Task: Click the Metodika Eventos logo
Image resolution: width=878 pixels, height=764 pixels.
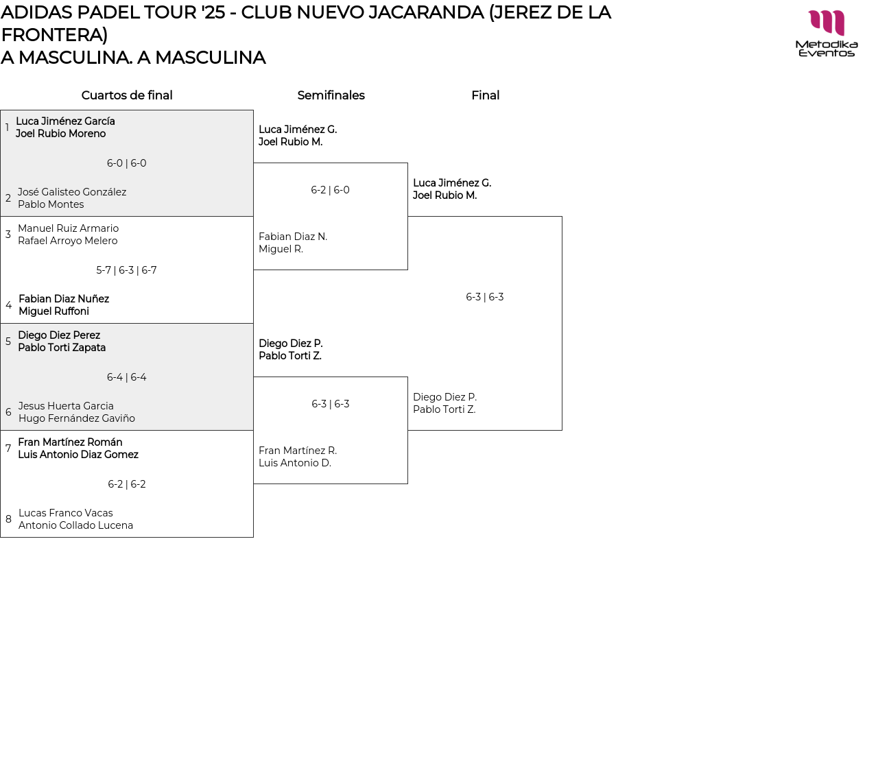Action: pyautogui.click(x=826, y=33)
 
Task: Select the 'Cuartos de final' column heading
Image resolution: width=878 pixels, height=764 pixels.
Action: pyautogui.click(x=127, y=95)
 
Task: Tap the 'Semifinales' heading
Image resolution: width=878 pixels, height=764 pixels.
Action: pyautogui.click(x=331, y=95)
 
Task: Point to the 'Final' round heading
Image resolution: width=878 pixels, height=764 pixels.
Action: pyautogui.click(x=485, y=95)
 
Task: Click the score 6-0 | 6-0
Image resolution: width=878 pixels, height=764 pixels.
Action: pyautogui.click(x=127, y=163)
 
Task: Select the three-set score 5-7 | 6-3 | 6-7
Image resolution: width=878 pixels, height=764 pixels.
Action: pyautogui.click(x=127, y=270)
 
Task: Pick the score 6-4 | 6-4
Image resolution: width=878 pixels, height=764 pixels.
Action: pyautogui.click(x=127, y=377)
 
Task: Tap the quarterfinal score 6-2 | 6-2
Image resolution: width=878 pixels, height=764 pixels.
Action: pyautogui.click(x=127, y=484)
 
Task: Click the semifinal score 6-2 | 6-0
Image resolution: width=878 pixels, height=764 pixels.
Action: pyautogui.click(x=331, y=190)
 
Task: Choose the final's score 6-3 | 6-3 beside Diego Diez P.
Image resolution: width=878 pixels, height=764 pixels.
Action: pyautogui.click(x=485, y=297)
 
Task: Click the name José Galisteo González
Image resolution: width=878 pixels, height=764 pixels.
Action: pyautogui.click(x=72, y=192)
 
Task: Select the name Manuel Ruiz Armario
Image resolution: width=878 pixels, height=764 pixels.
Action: pyautogui.click(x=68, y=228)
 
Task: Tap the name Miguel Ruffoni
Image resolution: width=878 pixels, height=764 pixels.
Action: pyautogui.click(x=54, y=311)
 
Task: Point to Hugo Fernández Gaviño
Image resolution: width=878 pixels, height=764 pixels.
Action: pyautogui.click(x=77, y=418)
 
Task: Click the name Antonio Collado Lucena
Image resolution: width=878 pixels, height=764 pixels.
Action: pyautogui.click(x=75, y=525)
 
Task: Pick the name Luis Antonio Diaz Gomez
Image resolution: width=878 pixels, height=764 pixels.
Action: pyautogui.click(x=78, y=455)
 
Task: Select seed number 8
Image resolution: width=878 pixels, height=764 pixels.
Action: pyautogui.click(x=8, y=519)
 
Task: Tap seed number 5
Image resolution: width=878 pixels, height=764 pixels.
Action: pyautogui.click(x=8, y=342)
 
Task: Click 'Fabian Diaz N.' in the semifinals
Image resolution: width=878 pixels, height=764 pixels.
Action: pyautogui.click(x=293, y=237)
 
